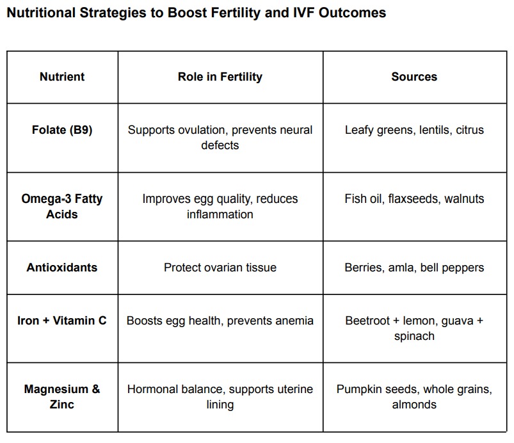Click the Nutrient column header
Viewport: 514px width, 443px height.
click(x=62, y=77)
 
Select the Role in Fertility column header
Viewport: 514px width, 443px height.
click(x=220, y=77)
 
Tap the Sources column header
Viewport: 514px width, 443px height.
click(x=414, y=77)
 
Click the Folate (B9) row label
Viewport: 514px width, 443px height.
click(x=62, y=130)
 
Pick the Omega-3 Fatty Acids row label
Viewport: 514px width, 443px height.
click(x=62, y=206)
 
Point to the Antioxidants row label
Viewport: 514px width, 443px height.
click(x=62, y=268)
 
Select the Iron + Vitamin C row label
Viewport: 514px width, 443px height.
click(x=62, y=320)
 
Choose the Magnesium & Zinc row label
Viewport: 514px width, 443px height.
click(x=62, y=397)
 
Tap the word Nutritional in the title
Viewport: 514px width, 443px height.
click(x=42, y=13)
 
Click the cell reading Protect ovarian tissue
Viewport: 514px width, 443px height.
click(x=220, y=268)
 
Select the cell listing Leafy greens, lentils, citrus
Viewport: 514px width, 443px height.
click(x=414, y=130)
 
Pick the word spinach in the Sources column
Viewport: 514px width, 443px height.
click(x=414, y=337)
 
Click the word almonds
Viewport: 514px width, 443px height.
click(x=414, y=405)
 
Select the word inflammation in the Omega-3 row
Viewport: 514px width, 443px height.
click(x=220, y=214)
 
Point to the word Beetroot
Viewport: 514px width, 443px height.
click(x=367, y=320)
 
